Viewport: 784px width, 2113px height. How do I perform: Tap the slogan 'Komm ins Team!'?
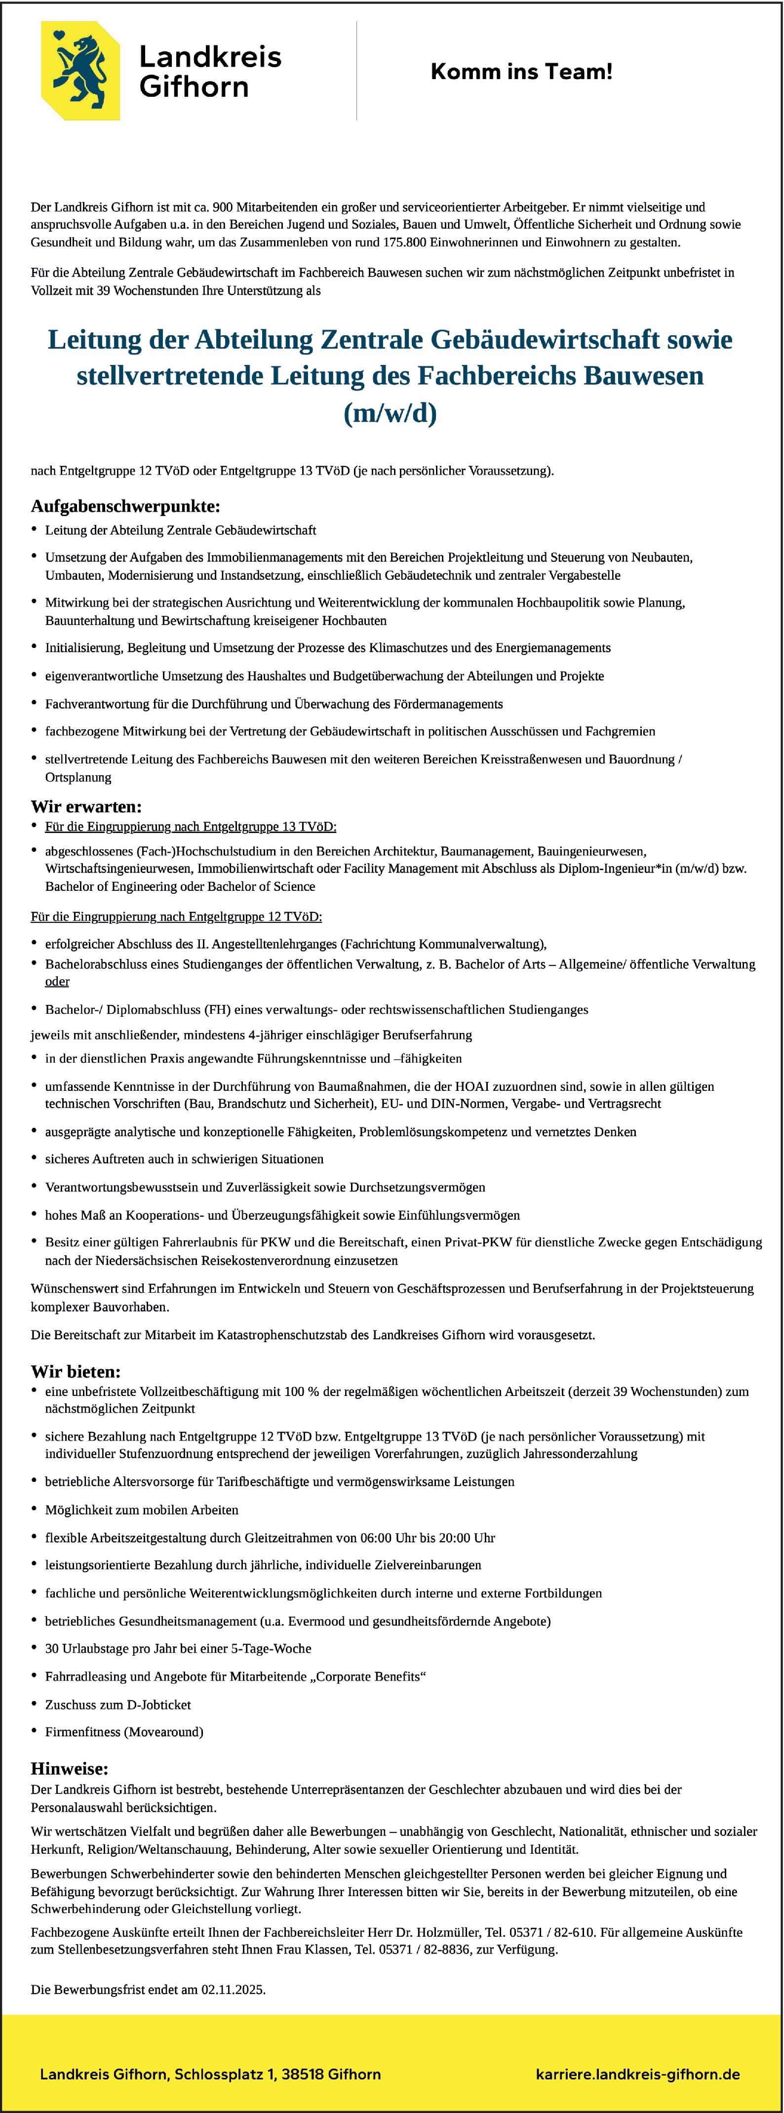[521, 72]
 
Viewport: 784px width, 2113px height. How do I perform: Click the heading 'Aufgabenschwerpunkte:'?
[125, 506]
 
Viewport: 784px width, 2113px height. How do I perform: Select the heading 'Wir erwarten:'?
[86, 806]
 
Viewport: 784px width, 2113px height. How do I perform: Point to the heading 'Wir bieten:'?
[76, 1371]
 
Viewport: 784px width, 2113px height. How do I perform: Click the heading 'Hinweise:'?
[70, 1768]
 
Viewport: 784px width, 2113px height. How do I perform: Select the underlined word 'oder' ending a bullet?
[57, 982]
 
